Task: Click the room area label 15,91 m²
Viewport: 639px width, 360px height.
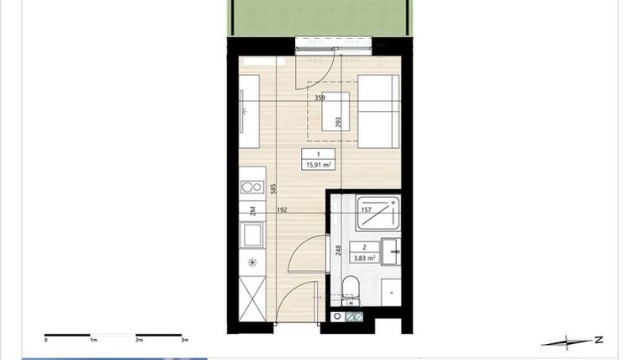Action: coord(319,165)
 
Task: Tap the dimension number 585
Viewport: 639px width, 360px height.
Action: coord(273,190)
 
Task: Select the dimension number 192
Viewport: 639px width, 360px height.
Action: coord(283,210)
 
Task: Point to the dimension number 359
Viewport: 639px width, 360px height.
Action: coord(320,98)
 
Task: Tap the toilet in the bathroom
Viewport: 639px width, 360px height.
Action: coord(351,291)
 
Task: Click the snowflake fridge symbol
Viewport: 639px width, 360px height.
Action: coord(251,262)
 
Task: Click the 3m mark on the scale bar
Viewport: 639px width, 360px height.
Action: coord(185,341)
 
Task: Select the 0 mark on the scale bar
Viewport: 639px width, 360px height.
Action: coord(46,341)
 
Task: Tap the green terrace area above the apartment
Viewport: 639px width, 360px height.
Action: coord(319,17)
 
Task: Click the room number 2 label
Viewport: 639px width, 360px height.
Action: coord(364,247)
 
